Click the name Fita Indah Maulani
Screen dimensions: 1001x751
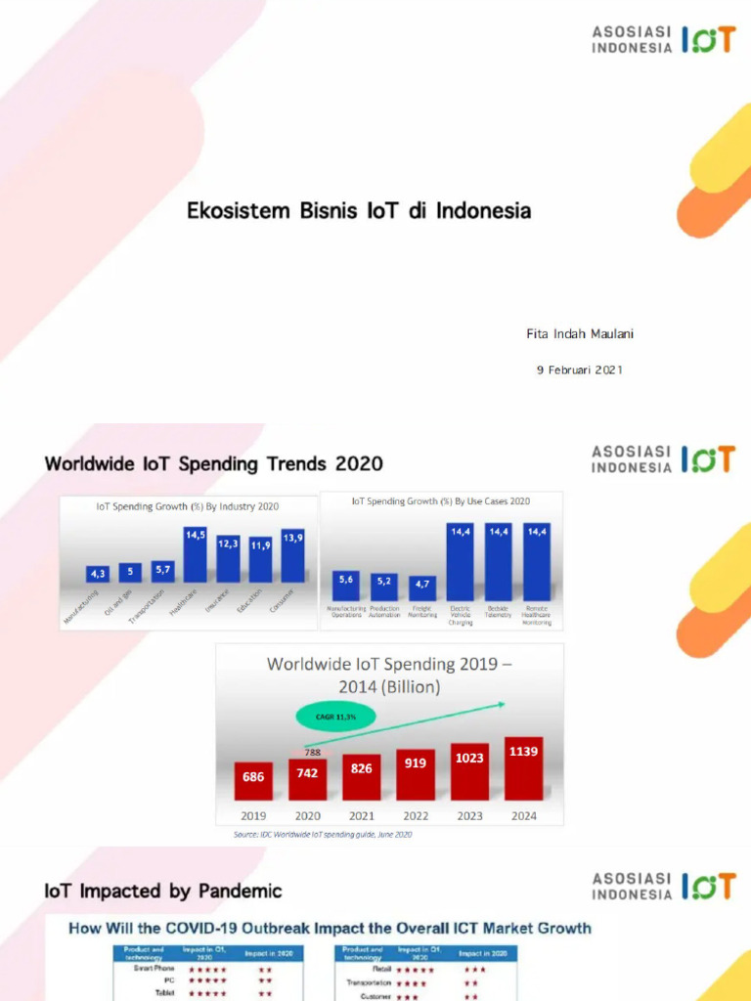pyautogui.click(x=580, y=334)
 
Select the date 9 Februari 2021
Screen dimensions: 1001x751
pyautogui.click(x=579, y=370)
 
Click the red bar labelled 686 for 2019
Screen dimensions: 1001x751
pyautogui.click(x=253, y=781)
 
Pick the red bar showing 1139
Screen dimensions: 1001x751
pyautogui.click(x=524, y=768)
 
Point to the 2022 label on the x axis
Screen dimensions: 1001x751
pyautogui.click(x=416, y=816)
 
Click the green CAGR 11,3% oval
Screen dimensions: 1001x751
pyautogui.click(x=336, y=717)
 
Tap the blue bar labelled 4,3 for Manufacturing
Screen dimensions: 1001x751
pyautogui.click(x=97, y=575)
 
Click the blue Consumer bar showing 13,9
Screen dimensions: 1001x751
pyautogui.click(x=292, y=555)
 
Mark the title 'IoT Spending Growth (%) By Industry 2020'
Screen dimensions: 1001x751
pyautogui.click(x=188, y=506)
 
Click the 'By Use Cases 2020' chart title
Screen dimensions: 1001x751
pyautogui.click(x=440, y=500)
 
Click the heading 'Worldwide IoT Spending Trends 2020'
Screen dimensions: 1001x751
pyautogui.click(x=213, y=463)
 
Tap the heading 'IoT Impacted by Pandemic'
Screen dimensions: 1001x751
pyautogui.click(x=162, y=891)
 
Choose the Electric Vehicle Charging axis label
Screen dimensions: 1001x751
pyautogui.click(x=460, y=615)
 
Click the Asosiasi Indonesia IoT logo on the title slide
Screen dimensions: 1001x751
pyautogui.click(x=662, y=39)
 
